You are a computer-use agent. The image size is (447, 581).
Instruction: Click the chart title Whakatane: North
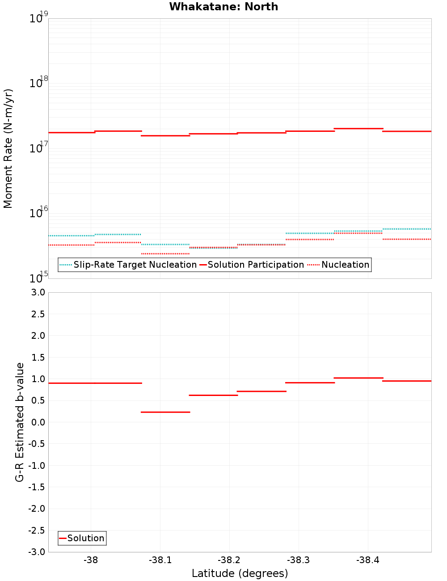(x=223, y=7)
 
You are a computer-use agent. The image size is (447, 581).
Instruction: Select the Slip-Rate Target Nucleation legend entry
(x=135, y=265)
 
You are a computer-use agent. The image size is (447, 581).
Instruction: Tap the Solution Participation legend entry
(x=255, y=265)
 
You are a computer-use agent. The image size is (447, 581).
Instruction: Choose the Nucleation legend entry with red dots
(x=345, y=265)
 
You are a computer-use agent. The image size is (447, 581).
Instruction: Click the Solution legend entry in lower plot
(x=85, y=538)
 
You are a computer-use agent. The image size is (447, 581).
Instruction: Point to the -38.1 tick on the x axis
(x=160, y=560)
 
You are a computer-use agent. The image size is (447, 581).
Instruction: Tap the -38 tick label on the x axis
(x=91, y=560)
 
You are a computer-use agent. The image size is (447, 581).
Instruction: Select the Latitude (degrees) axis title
(x=240, y=573)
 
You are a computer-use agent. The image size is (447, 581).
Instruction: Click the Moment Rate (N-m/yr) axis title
(x=8, y=148)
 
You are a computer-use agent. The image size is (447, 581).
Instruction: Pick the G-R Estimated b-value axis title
(x=20, y=422)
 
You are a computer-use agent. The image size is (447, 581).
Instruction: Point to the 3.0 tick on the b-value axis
(x=37, y=292)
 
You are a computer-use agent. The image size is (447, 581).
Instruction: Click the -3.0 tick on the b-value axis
(x=37, y=552)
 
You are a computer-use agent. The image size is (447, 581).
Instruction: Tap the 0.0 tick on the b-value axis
(x=38, y=422)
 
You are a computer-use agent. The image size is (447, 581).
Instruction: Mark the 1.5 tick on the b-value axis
(x=38, y=358)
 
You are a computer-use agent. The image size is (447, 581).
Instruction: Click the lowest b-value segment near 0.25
(x=165, y=412)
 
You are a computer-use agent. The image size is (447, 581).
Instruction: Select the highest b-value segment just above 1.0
(x=358, y=378)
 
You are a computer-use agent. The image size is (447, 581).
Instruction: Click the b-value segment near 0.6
(x=213, y=395)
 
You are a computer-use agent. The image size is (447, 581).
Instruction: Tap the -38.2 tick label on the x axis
(x=229, y=560)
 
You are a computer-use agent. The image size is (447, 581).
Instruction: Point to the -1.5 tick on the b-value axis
(x=37, y=487)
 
